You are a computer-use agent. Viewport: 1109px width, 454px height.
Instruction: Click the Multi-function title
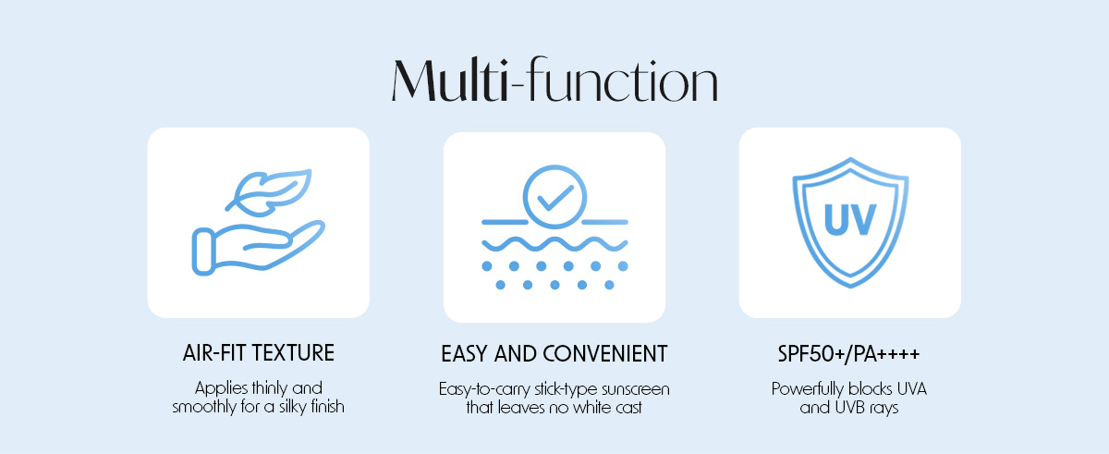point(554,80)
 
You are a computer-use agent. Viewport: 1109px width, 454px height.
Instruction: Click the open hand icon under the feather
point(259,248)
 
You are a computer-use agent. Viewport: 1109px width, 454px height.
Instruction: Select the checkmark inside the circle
point(555,198)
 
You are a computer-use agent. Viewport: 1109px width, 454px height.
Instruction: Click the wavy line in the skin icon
point(555,244)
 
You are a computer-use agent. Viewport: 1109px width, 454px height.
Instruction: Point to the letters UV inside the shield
point(850,219)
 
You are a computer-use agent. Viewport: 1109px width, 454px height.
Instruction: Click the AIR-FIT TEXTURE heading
point(259,353)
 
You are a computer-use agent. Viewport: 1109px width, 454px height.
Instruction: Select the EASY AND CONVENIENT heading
point(554,354)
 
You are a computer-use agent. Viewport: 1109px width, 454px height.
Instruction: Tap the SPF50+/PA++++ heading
point(848,354)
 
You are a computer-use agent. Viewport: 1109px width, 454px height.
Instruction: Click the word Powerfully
point(807,389)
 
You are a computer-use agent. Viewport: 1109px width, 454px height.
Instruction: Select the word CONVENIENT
point(605,354)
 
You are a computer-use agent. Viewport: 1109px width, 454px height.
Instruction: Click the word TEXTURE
point(293,353)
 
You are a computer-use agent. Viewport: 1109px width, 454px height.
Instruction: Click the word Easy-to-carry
point(484,389)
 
